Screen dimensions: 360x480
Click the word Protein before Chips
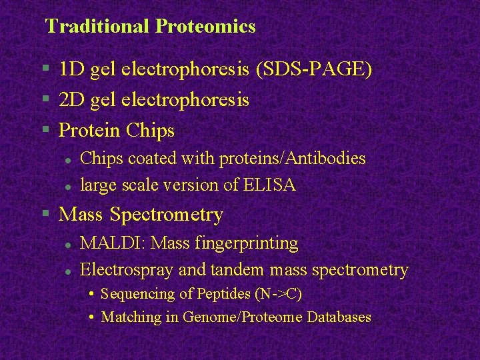click(87, 131)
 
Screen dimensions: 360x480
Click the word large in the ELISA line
click(99, 185)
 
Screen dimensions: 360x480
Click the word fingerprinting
click(247, 243)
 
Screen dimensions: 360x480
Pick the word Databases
click(339, 317)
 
